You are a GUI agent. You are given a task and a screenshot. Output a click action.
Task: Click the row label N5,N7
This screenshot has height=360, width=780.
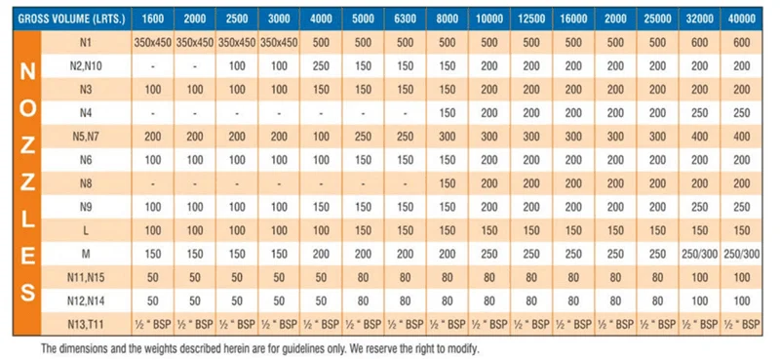click(x=86, y=137)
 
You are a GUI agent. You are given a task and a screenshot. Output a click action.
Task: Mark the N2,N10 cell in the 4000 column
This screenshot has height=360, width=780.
click(x=322, y=66)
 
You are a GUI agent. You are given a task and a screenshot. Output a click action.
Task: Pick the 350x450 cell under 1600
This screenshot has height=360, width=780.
click(x=152, y=44)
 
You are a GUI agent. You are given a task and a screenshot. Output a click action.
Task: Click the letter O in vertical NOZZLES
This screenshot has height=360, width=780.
click(x=28, y=107)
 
